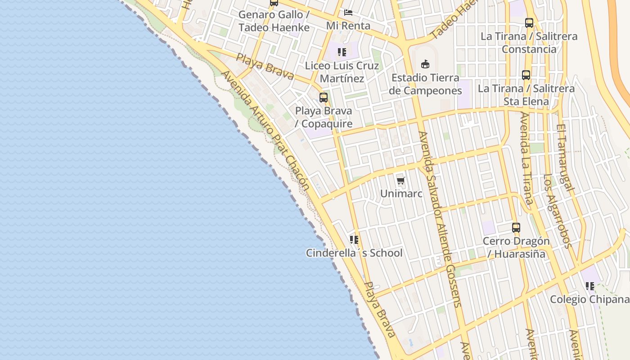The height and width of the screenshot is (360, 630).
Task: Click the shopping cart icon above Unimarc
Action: (400, 181)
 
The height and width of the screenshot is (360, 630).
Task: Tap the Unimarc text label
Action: (401, 193)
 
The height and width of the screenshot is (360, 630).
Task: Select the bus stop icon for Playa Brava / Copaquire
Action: (323, 97)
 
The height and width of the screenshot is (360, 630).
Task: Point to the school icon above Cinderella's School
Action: (354, 240)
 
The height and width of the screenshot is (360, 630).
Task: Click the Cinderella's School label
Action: (354, 253)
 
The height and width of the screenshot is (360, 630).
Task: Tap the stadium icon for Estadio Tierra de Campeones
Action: (425, 64)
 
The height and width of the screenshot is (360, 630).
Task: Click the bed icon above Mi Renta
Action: (348, 13)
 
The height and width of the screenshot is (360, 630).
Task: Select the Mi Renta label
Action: (348, 26)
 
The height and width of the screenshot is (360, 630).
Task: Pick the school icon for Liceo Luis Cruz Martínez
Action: (342, 52)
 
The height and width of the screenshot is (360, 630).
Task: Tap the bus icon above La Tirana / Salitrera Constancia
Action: (529, 22)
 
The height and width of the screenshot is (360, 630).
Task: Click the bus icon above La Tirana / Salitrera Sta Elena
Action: (526, 75)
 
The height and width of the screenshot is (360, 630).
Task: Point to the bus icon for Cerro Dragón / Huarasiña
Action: (516, 228)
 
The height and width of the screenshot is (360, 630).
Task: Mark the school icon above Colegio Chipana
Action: (590, 286)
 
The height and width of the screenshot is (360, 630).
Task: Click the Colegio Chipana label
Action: (589, 299)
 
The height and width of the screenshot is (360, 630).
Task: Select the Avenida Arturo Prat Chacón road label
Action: (265, 130)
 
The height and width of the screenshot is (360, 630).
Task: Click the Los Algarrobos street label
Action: (557, 211)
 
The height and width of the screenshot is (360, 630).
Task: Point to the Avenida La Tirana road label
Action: (526, 157)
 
